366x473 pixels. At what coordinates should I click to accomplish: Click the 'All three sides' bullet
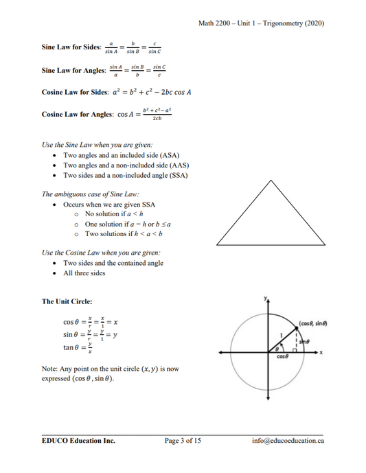point(84,273)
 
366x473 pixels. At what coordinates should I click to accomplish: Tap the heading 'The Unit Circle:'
point(67,301)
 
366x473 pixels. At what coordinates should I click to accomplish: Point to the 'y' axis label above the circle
point(265,299)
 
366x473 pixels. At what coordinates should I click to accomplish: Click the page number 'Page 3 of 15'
point(183,440)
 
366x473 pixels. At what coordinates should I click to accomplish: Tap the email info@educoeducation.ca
point(288,440)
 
